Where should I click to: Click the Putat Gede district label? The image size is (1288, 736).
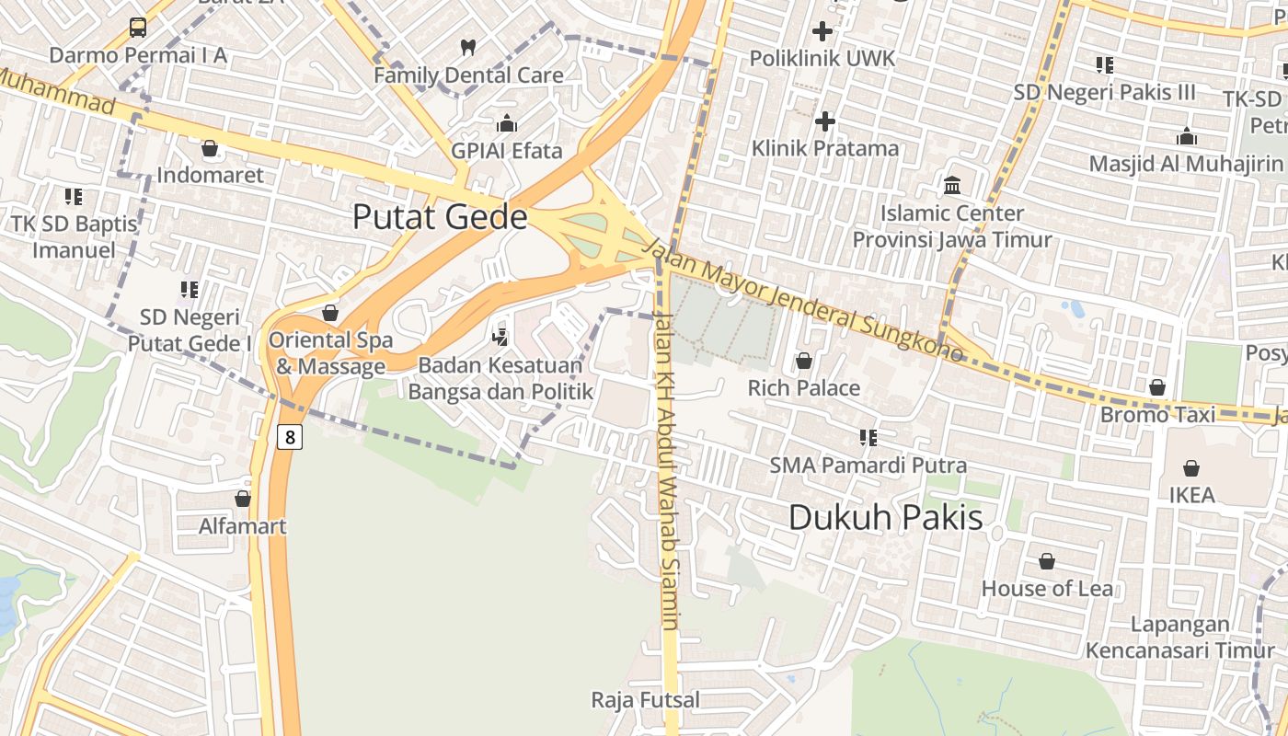point(440,217)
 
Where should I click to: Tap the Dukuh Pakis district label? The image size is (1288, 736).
point(885,517)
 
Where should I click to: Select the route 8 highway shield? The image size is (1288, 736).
point(290,437)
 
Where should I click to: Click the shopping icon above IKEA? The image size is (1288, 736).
point(1191,468)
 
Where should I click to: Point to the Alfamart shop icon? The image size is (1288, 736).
point(243,499)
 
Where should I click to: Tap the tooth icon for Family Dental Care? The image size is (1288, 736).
point(467,47)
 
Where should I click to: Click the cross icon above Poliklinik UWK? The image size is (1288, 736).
point(822,30)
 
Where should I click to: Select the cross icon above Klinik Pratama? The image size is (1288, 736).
point(825,121)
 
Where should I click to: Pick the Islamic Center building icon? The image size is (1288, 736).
point(952,186)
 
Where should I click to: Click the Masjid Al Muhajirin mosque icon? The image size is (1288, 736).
point(1187,137)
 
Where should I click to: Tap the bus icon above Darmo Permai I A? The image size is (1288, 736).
point(138,27)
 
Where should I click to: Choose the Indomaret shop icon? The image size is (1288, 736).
point(210,148)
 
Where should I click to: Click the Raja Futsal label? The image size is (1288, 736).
point(645,700)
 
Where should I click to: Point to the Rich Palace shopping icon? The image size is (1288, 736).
point(804,361)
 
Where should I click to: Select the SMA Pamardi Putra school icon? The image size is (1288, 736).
point(868,437)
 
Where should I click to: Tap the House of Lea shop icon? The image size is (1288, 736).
point(1046,561)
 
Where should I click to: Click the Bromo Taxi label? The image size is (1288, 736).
point(1157,415)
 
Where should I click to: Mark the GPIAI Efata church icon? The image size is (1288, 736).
point(506,123)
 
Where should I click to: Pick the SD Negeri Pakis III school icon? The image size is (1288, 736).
point(1105,64)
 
